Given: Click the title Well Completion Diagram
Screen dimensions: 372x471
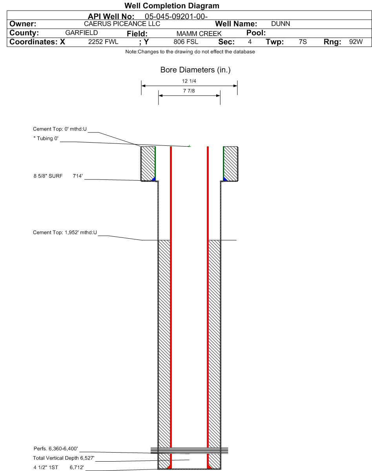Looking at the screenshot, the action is (x=172, y=6).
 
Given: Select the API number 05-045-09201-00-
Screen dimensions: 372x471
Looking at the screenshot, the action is (x=176, y=16).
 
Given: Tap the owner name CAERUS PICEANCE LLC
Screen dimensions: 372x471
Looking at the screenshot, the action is (x=122, y=24).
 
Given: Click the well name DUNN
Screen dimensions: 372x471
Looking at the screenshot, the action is (x=280, y=24).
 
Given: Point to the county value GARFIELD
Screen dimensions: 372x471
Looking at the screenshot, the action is (x=82, y=33).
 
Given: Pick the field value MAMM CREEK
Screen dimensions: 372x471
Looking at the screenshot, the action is (x=199, y=34).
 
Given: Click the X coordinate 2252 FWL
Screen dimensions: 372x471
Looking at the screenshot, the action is (x=103, y=42).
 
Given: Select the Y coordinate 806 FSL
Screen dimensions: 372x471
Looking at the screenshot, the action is (x=186, y=42).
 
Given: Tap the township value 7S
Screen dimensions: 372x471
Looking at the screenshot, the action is (x=303, y=42).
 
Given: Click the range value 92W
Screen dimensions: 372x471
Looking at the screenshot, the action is (x=356, y=42).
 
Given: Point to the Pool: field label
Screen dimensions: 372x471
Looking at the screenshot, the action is (x=256, y=33).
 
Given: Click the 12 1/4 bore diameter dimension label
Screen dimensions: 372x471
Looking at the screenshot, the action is (x=189, y=81).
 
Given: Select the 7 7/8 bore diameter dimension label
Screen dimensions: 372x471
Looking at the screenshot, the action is (x=189, y=91).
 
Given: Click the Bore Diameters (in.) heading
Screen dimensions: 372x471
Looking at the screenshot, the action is (x=195, y=70).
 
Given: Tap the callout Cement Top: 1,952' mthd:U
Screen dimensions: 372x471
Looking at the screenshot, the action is (x=65, y=232).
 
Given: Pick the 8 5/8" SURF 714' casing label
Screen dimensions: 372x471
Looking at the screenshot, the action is (x=58, y=176).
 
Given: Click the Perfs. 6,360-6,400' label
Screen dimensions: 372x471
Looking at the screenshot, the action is (x=56, y=448).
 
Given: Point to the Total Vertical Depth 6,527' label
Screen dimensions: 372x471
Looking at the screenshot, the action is (x=64, y=458).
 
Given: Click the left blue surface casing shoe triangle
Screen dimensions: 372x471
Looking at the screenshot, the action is (x=154, y=179).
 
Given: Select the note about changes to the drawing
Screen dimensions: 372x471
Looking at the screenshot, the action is (x=190, y=52).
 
